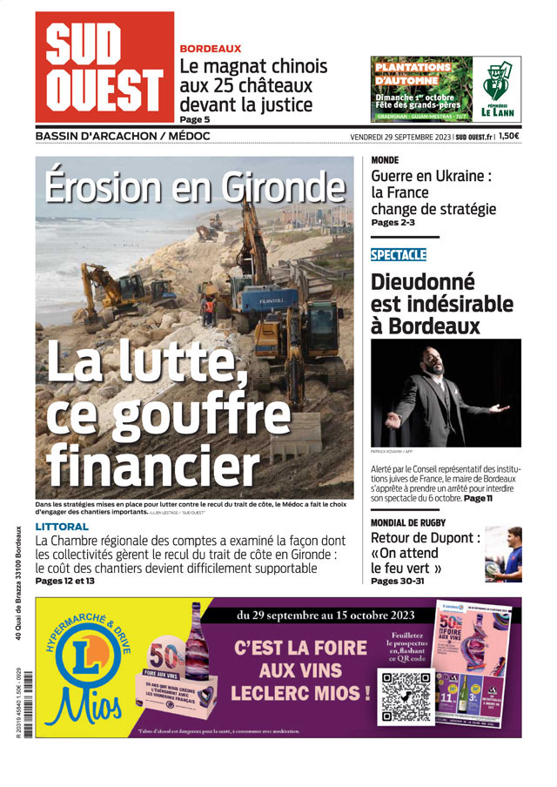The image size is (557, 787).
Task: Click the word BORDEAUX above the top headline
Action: (x=210, y=49)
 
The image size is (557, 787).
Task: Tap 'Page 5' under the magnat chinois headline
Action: (x=195, y=119)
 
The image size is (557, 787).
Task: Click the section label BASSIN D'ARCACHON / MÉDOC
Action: (x=123, y=137)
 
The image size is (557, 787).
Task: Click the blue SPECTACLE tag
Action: (x=398, y=254)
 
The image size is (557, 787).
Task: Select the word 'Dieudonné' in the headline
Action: (x=423, y=282)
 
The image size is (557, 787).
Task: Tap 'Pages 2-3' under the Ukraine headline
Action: (x=393, y=223)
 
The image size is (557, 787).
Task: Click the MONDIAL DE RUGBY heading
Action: (x=408, y=522)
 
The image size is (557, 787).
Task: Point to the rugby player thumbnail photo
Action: (x=503, y=555)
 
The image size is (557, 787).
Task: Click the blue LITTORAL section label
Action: (x=62, y=527)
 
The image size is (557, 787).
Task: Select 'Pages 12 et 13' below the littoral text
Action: (x=66, y=581)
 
